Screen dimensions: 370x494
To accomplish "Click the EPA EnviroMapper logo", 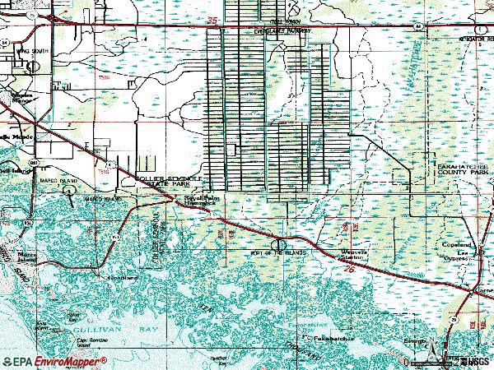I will [54, 360].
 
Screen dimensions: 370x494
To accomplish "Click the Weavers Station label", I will [347, 256].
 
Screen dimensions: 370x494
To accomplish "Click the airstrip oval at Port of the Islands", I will [282, 244].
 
